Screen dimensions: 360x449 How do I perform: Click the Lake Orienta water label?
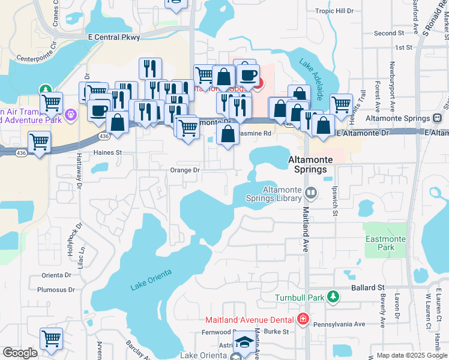[151, 280]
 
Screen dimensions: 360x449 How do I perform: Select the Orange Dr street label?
[184, 170]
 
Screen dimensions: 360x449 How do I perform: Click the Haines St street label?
[107, 152]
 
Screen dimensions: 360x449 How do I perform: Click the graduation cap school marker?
[244, 343]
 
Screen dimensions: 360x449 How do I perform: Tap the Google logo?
[20, 353]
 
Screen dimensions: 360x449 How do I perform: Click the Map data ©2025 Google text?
[411, 355]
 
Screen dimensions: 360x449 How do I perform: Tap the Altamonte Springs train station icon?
[438, 118]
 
